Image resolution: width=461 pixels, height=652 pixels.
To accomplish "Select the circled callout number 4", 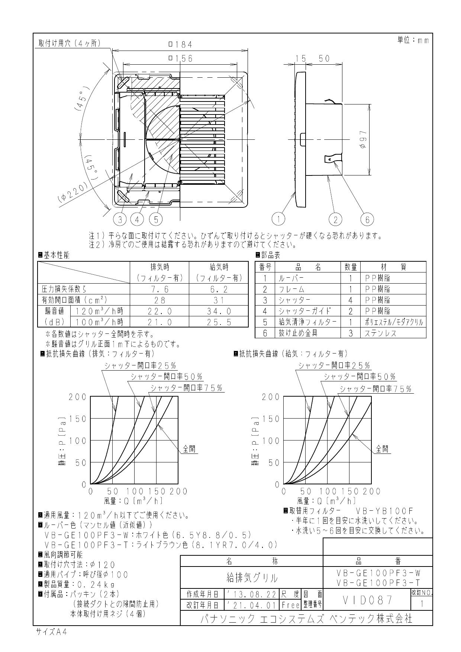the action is tap(137, 219).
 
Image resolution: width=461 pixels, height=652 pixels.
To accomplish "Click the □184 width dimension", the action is tap(180, 45).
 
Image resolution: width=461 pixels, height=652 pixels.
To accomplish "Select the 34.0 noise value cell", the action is tap(219, 311).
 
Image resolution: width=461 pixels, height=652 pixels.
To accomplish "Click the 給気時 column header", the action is tap(219, 267).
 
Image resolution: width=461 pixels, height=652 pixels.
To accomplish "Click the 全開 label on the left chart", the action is tap(190, 449).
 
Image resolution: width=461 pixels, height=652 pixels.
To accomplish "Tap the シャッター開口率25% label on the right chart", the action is tap(334, 366).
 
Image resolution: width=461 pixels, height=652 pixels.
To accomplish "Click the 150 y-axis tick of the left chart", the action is tap(77, 419).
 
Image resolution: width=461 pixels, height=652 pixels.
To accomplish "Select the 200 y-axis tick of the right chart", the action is tap(270, 397).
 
